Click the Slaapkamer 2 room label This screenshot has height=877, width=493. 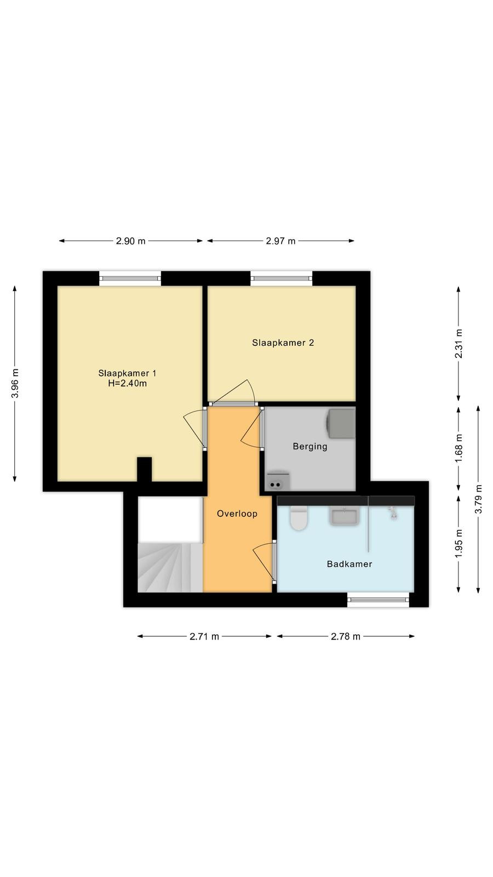(283, 343)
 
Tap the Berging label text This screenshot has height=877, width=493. (310, 446)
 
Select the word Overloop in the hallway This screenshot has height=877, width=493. (237, 514)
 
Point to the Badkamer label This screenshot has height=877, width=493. (349, 564)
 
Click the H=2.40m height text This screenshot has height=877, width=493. (128, 383)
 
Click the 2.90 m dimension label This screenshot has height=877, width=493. (131, 241)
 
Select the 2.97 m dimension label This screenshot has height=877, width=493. (280, 241)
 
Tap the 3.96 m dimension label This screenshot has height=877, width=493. (15, 383)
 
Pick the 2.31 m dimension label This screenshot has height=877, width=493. (458, 344)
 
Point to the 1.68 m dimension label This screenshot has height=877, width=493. (458, 448)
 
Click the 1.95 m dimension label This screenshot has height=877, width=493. (458, 544)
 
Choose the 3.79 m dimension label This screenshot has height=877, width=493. (478, 499)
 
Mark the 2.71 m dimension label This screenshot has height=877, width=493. (204, 636)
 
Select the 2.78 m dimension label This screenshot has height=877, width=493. (346, 636)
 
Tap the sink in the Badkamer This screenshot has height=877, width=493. (345, 516)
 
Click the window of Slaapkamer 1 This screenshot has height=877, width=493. (130, 278)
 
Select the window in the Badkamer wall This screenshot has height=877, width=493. (379, 600)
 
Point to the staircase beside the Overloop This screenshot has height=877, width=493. (170, 567)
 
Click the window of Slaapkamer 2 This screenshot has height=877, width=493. (282, 278)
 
